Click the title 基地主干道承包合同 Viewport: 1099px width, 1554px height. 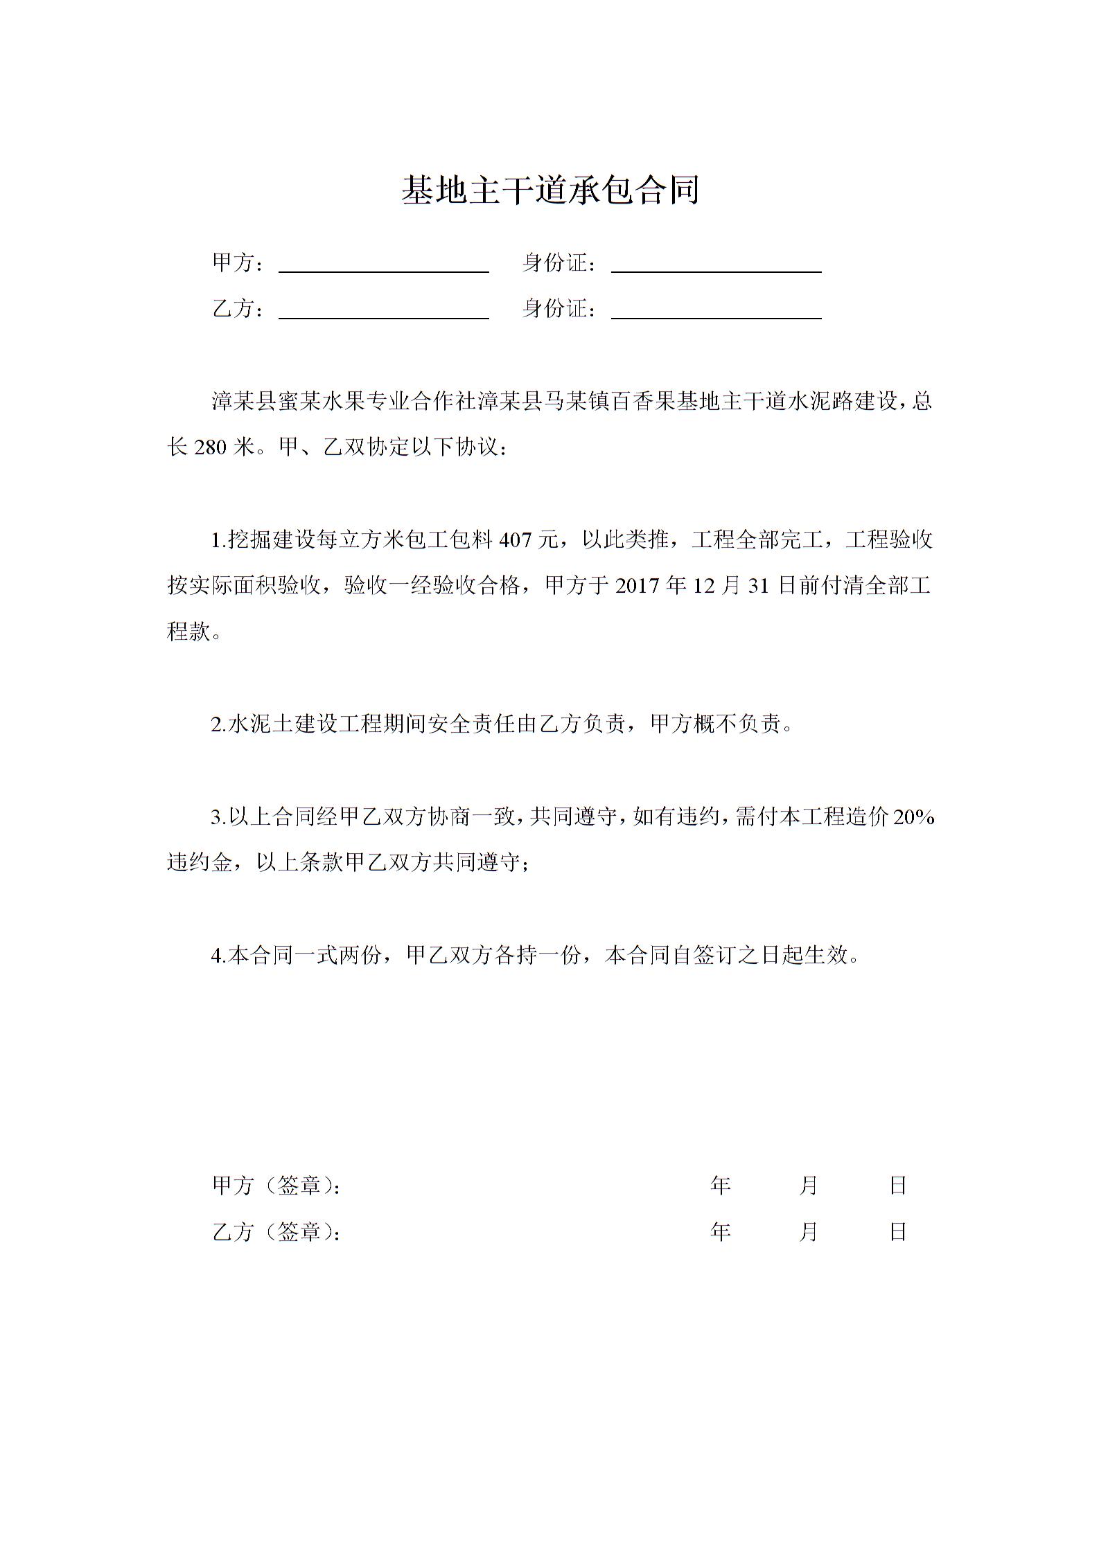pyautogui.click(x=549, y=190)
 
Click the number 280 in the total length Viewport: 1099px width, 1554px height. pyautogui.click(x=211, y=447)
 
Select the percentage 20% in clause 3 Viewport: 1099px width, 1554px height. pyautogui.click(x=913, y=818)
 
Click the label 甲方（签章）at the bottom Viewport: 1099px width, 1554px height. pyautogui.click(x=276, y=1186)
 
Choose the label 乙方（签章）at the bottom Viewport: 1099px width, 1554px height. pyautogui.click(x=276, y=1232)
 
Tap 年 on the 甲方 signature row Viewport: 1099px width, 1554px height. pyautogui.click(x=721, y=1186)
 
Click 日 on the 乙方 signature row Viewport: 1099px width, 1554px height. pyautogui.click(x=898, y=1232)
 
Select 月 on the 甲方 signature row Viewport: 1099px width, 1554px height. pyautogui.click(x=809, y=1186)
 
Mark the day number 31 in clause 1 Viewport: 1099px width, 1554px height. pyautogui.click(x=759, y=587)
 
